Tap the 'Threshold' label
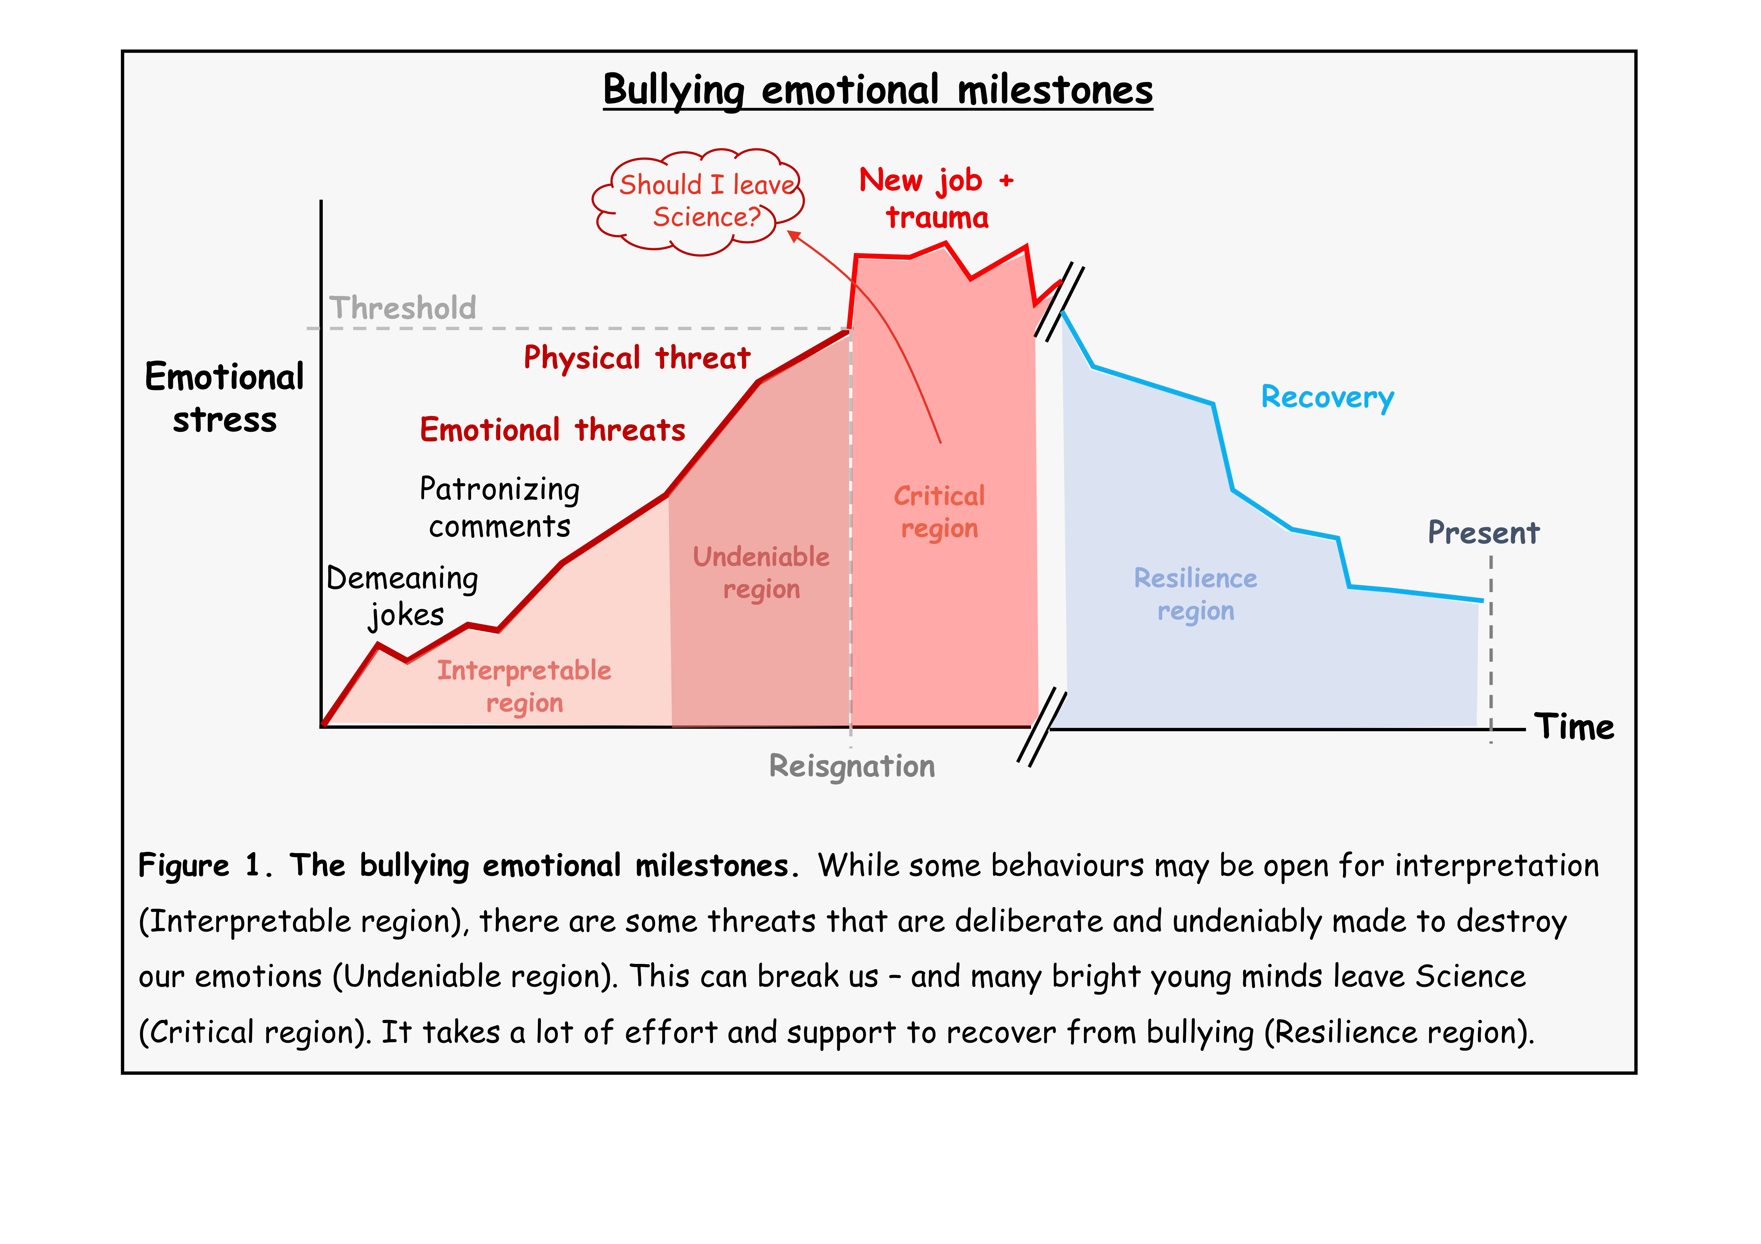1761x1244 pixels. pyautogui.click(x=403, y=307)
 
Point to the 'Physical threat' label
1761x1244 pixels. pyautogui.click(x=637, y=357)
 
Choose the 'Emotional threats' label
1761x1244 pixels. pyautogui.click(x=552, y=429)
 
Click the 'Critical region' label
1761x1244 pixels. pyautogui.click(x=940, y=512)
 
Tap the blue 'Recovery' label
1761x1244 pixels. pyautogui.click(x=1328, y=397)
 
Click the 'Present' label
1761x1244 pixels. pyautogui.click(x=1483, y=532)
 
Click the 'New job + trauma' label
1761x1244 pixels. pyautogui.click(x=936, y=199)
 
